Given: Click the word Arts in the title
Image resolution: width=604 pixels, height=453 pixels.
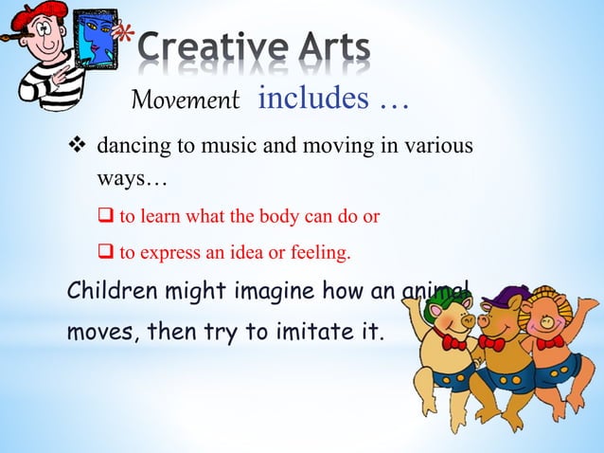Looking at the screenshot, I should click(321, 46).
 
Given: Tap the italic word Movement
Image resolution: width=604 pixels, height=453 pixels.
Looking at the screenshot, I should click(186, 100).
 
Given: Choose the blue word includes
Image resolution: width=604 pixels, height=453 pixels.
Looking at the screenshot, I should click(304, 98).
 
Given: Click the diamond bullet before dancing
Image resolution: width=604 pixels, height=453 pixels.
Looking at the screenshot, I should click(81, 149).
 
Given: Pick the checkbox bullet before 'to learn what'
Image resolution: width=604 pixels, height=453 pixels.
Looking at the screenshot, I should click(107, 215).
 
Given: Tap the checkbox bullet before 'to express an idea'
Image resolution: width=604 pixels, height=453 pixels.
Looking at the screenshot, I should click(107, 253).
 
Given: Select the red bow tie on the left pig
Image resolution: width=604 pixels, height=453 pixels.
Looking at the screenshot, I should click(455, 342).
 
